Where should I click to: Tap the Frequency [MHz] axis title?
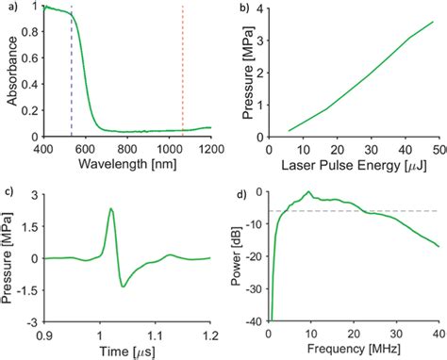(x=353, y=350)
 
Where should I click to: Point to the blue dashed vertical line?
(x=72, y=75)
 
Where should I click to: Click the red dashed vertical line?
(x=183, y=75)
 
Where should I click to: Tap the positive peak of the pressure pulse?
(x=110, y=209)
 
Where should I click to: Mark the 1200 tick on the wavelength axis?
(x=210, y=149)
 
